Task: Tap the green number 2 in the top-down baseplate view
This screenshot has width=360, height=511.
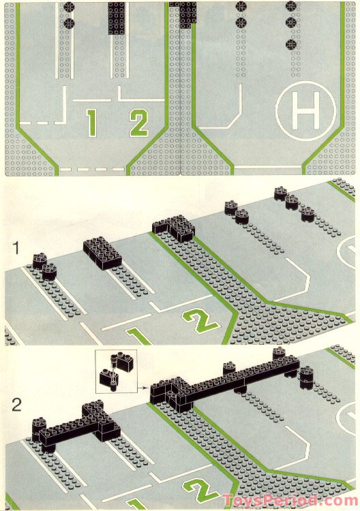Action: [x=138, y=123]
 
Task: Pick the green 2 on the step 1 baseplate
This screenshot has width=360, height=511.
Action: [x=199, y=320]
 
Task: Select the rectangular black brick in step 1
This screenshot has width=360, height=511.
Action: [x=102, y=253]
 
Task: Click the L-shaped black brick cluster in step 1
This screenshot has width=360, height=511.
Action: [x=175, y=228]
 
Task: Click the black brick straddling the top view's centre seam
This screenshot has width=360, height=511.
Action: [x=183, y=12]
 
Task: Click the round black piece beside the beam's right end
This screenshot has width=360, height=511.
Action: [x=306, y=375]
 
